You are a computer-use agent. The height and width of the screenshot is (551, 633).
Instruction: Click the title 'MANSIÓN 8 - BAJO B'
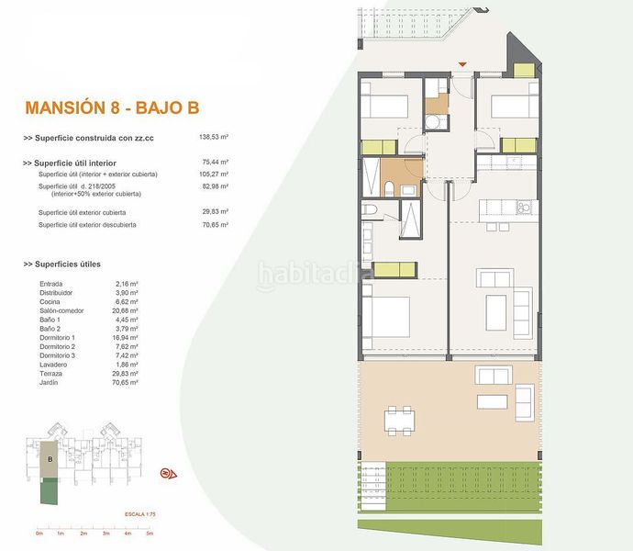[x=113, y=107]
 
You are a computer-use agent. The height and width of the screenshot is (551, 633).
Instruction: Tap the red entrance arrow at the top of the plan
[x=462, y=63]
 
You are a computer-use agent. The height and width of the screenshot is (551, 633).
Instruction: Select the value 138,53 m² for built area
[x=213, y=138]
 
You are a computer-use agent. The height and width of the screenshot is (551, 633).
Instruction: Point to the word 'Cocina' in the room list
[x=50, y=301]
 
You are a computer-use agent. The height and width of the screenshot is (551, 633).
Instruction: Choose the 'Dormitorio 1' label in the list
[x=58, y=337]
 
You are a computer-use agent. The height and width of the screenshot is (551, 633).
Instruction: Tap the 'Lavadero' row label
[x=54, y=365]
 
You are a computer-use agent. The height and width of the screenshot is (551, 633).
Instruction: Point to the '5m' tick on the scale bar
[x=149, y=533]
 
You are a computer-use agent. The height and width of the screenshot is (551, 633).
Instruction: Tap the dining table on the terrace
[x=398, y=422]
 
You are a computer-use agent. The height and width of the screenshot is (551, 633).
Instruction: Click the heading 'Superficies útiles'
[x=73, y=264]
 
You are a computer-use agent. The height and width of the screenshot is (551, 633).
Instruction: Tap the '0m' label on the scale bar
[x=39, y=533]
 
